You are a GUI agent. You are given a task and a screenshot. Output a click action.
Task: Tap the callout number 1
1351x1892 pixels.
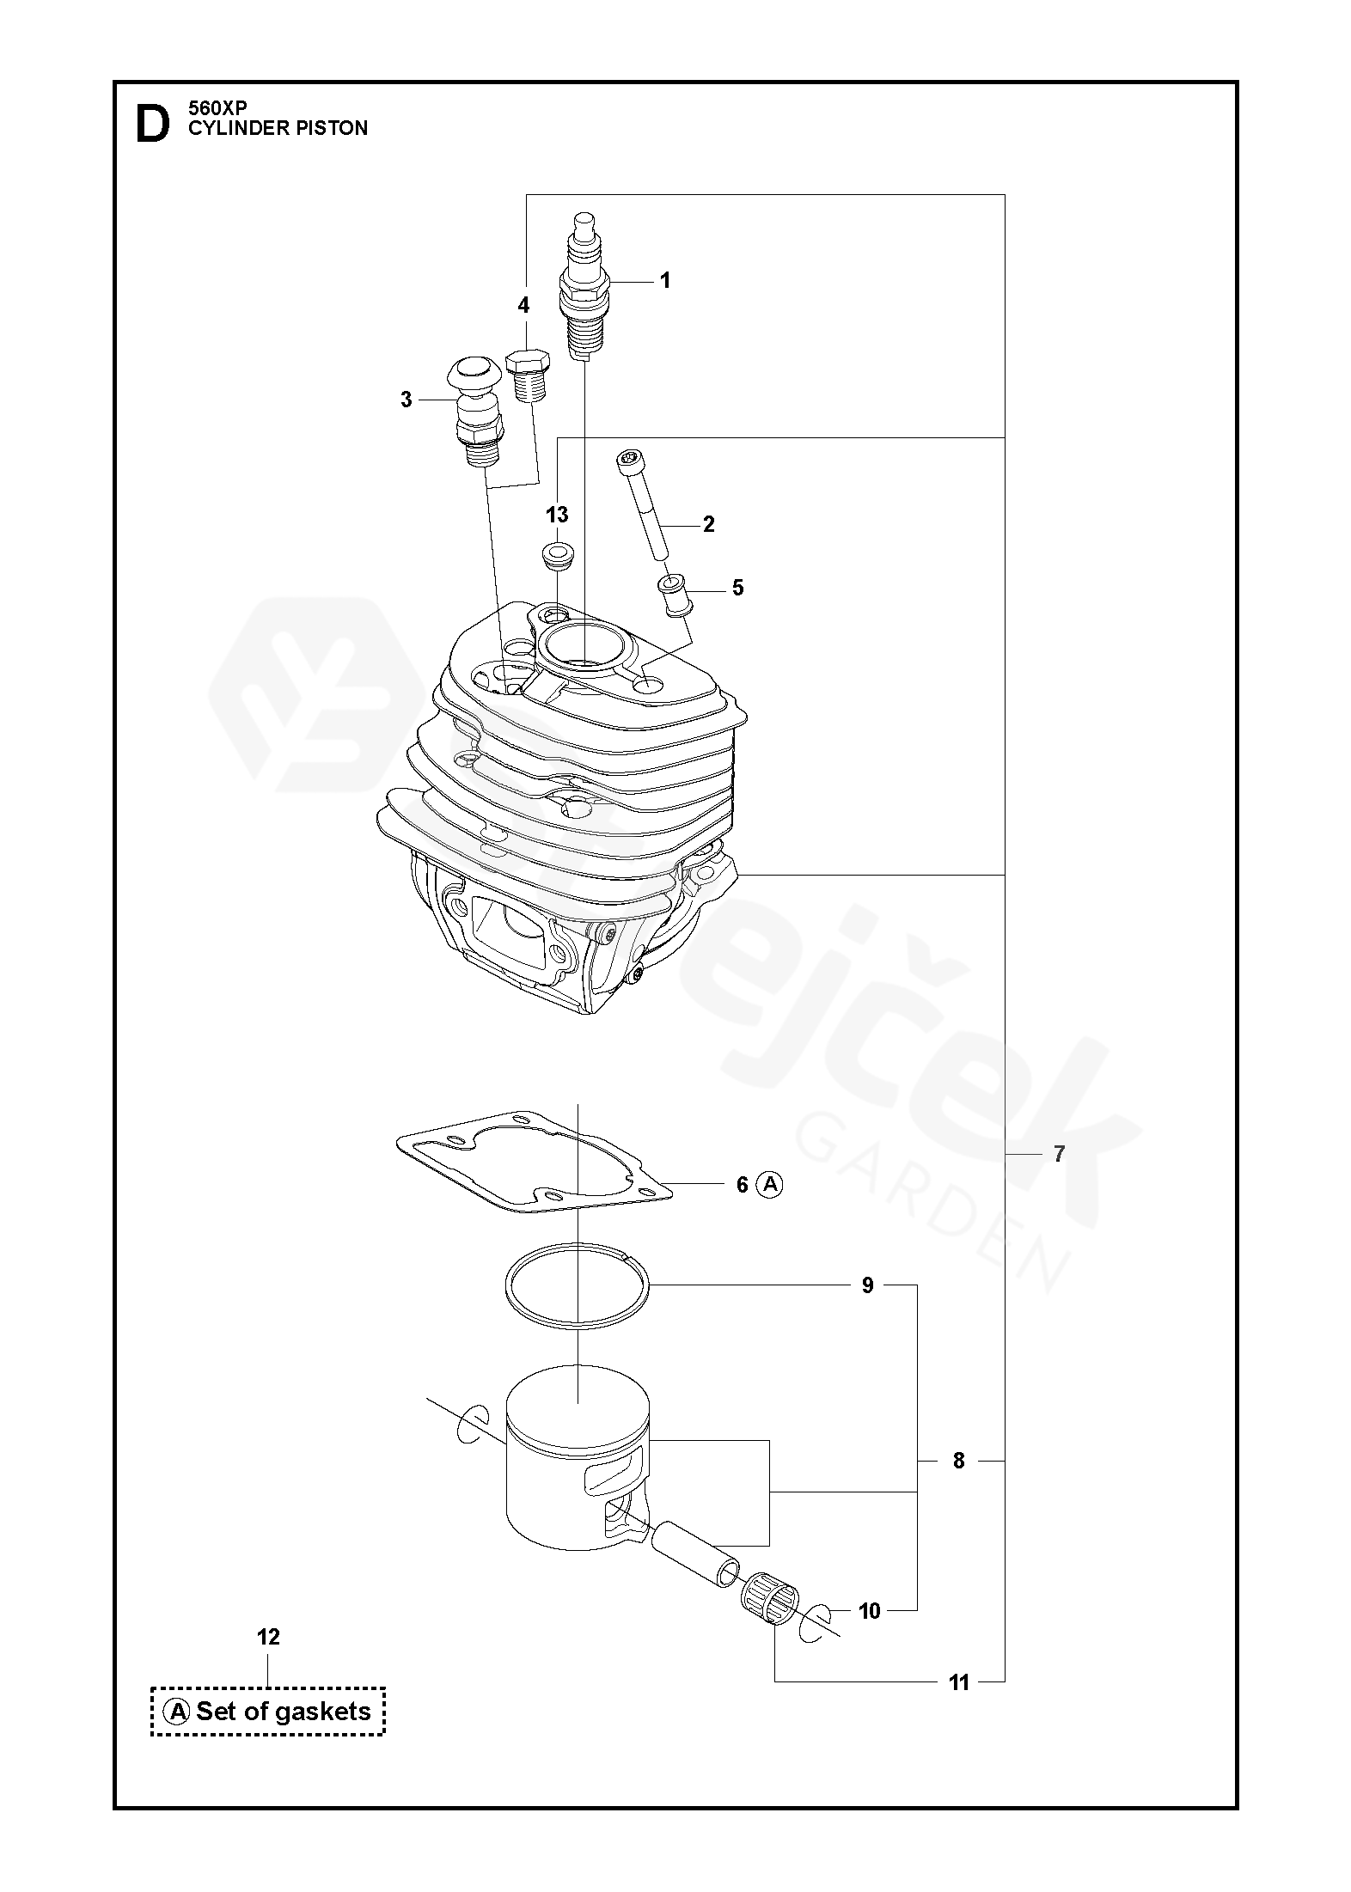pos(664,280)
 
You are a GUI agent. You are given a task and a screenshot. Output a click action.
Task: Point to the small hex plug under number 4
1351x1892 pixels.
pos(529,375)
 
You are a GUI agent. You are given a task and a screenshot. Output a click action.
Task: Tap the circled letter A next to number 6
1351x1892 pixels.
pos(770,1185)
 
